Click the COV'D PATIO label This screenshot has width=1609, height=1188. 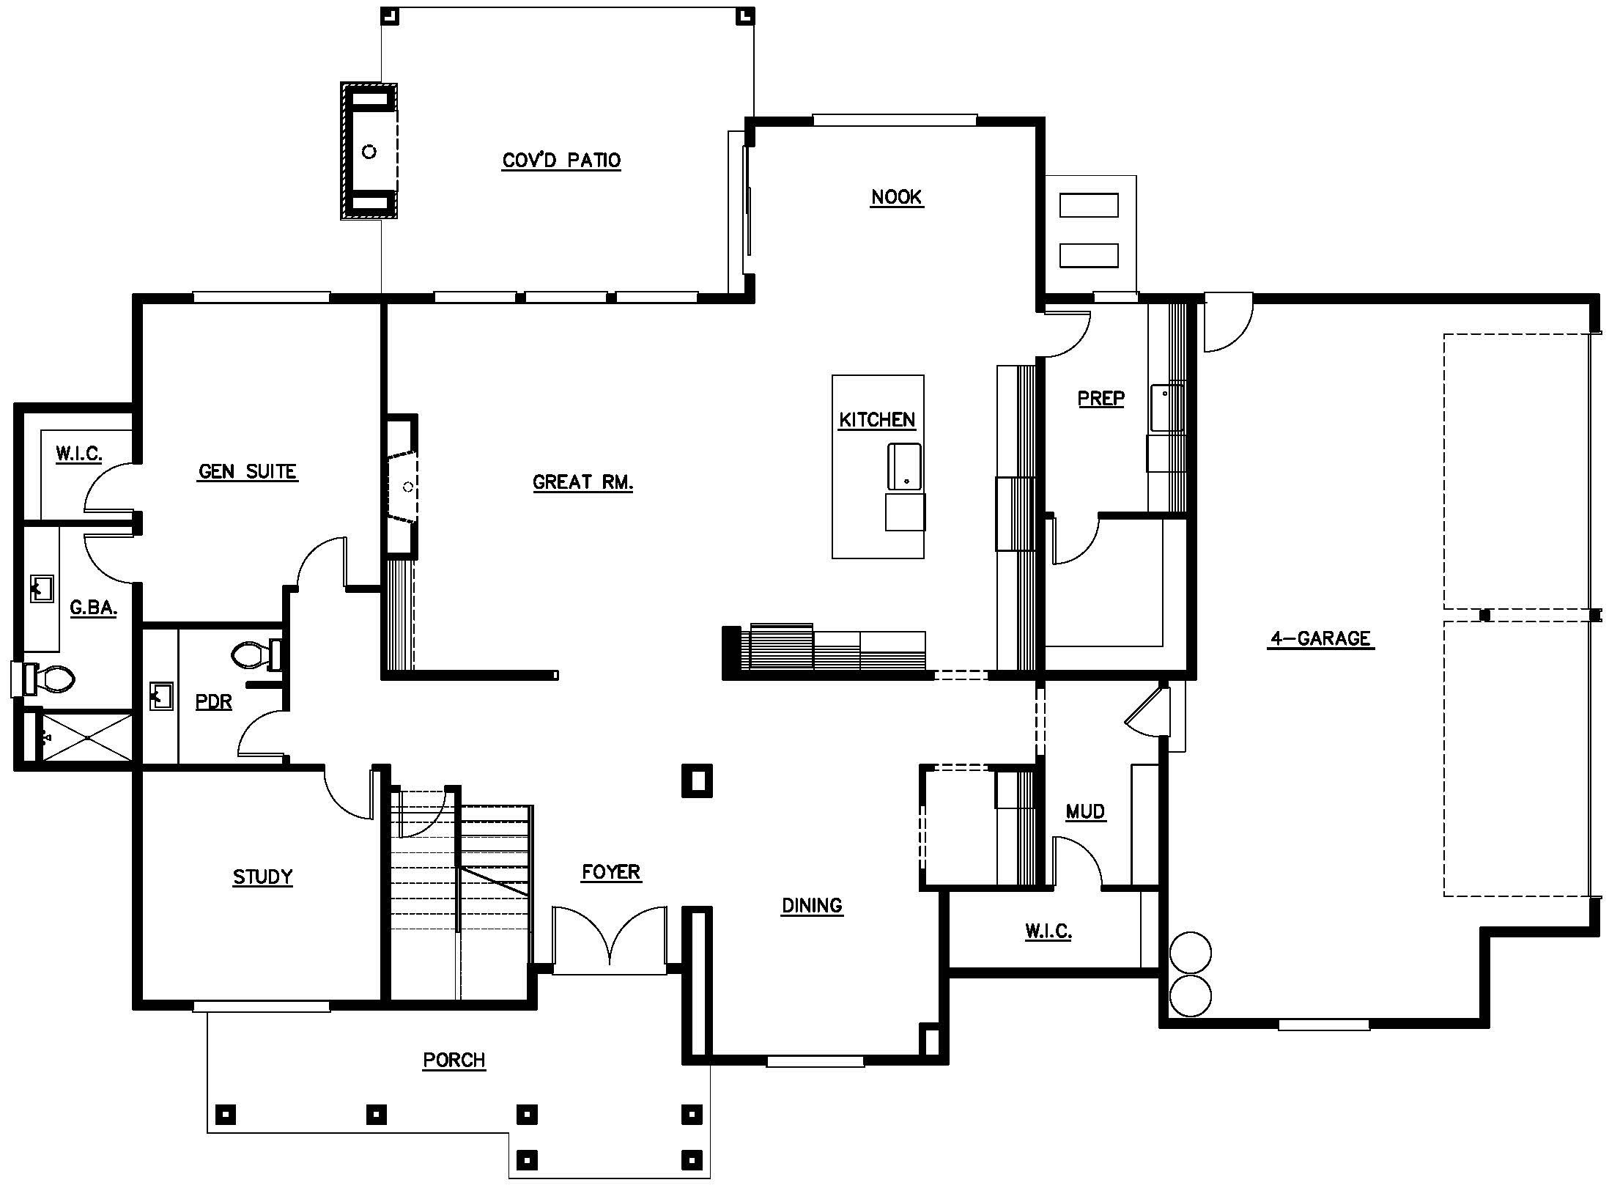[561, 161]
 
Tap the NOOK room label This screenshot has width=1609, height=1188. [897, 197]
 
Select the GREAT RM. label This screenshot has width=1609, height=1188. [582, 482]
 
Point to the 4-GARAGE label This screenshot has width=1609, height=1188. [1321, 638]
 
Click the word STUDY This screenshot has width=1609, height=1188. [262, 877]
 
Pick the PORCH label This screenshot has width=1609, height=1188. [454, 1060]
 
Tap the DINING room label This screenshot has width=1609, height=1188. [812, 905]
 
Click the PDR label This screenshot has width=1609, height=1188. [214, 701]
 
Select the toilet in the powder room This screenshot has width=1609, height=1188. [256, 654]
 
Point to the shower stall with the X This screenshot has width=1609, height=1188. [86, 737]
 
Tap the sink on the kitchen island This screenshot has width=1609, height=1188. [904, 466]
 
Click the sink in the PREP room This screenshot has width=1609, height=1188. [1167, 407]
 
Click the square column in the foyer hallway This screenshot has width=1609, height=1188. [697, 781]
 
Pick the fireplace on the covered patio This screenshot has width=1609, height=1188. [369, 151]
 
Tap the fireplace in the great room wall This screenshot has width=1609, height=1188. [402, 486]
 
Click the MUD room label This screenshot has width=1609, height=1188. [1085, 811]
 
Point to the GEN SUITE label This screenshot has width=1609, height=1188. [248, 471]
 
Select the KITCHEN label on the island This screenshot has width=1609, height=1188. [877, 420]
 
